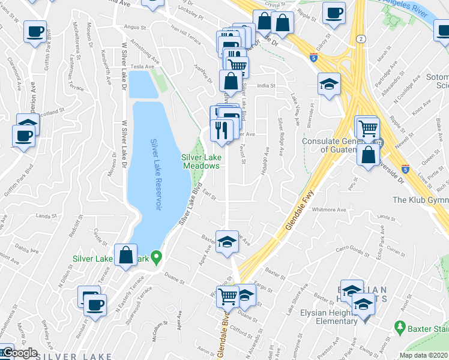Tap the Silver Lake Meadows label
tap(202, 161)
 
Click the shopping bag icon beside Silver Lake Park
tap(126, 256)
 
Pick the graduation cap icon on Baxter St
tap(227, 242)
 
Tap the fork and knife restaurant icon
tap(221, 130)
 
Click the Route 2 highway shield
tap(360, 39)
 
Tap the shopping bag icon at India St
tap(231, 81)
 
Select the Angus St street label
tap(134, 27)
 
